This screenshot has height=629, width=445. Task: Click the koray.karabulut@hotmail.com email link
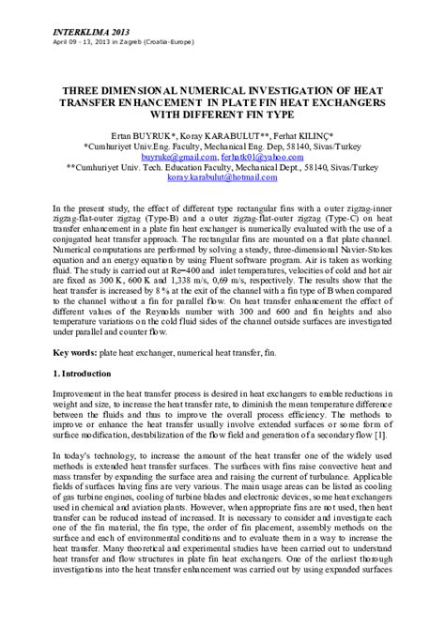click(221, 176)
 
